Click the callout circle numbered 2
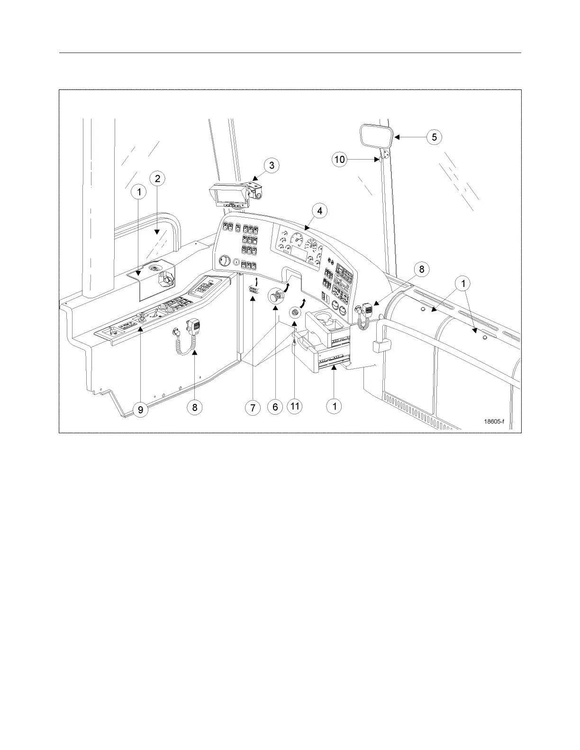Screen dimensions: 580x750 pos(157,179)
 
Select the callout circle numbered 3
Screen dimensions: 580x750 pos(272,165)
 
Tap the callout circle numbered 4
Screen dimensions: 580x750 pos(320,211)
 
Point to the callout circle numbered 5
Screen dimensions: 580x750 pos(434,137)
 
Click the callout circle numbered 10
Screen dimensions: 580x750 pos(340,160)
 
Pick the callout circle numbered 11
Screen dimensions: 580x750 pos(295,406)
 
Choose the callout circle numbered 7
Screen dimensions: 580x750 pos(253,407)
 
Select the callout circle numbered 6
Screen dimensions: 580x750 pos(275,407)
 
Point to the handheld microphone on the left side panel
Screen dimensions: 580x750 pos(193,327)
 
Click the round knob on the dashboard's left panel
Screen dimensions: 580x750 pos(224,261)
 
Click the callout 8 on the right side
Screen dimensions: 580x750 pos(421,269)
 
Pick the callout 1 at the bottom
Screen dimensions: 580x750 pos(335,406)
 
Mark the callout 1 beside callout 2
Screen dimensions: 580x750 pos(139,192)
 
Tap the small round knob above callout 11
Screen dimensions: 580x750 pos(294,313)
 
